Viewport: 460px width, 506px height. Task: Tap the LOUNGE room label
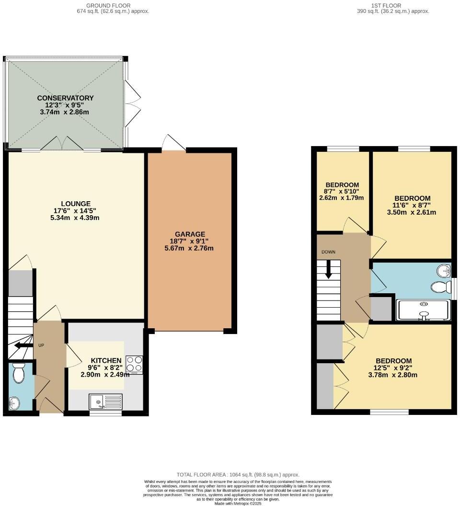(x=75, y=204)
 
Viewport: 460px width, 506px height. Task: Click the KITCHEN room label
(x=106, y=361)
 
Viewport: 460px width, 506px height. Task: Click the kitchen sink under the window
(x=105, y=401)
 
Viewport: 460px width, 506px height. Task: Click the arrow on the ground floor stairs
(x=21, y=345)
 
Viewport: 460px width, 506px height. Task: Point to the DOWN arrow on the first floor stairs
(x=328, y=269)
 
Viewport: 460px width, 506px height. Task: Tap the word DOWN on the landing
(x=328, y=252)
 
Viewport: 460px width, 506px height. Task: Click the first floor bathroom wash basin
(x=444, y=271)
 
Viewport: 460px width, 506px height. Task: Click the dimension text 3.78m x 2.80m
(x=393, y=375)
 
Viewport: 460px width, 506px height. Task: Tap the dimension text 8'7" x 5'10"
(x=342, y=191)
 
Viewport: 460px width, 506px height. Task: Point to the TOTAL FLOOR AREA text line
(x=238, y=474)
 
